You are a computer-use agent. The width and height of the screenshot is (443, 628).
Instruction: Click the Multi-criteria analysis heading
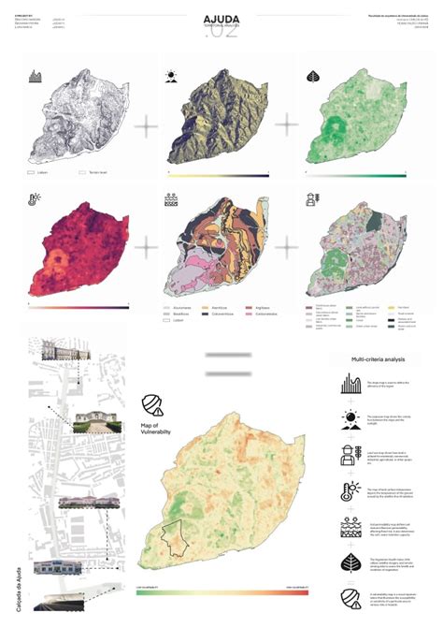point(378,359)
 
